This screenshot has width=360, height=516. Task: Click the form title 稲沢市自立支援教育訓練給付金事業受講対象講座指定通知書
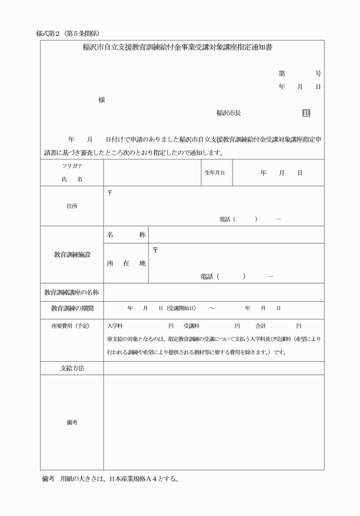click(x=178, y=48)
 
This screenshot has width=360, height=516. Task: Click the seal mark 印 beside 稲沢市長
click(x=306, y=113)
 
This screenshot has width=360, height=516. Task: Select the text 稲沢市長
click(x=229, y=113)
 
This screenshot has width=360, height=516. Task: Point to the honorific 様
click(x=102, y=99)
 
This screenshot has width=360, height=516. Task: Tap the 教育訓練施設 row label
click(x=71, y=255)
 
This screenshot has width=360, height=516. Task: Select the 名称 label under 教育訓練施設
click(x=126, y=235)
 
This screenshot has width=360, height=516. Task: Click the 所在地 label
click(x=126, y=263)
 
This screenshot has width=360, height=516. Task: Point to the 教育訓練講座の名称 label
click(x=71, y=293)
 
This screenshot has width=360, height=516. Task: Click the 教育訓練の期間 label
click(x=71, y=309)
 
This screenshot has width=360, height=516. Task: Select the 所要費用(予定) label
click(x=71, y=326)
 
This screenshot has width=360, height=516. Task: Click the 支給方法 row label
click(x=71, y=368)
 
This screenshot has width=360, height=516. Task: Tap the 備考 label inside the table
click(x=71, y=422)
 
